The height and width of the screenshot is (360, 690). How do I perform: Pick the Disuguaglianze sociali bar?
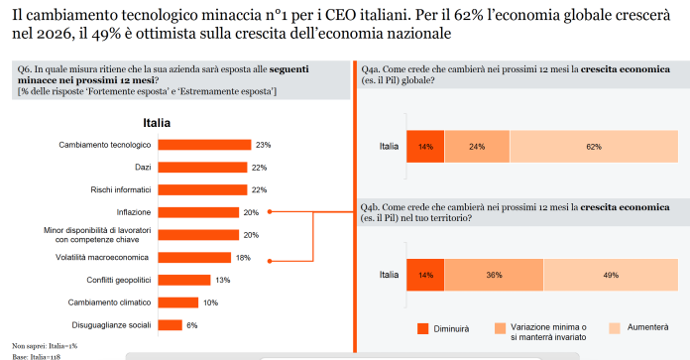pyautogui.click(x=170, y=324)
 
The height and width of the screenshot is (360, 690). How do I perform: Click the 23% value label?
pyautogui.click(x=263, y=145)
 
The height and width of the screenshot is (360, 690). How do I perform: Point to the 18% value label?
pyautogui.click(x=243, y=257)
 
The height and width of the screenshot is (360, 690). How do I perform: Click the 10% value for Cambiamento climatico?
pyautogui.click(x=209, y=302)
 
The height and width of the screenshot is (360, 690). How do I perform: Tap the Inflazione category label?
pyautogui.click(x=133, y=212)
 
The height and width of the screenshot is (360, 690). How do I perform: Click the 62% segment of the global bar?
pyautogui.click(x=594, y=146)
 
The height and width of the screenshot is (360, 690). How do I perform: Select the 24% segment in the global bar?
pyautogui.click(x=477, y=146)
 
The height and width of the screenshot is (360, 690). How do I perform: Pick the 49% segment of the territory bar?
pyautogui.click(x=611, y=275)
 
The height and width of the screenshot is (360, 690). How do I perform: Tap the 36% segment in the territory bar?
pyautogui.click(x=494, y=275)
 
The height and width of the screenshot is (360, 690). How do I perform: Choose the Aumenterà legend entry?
pyautogui.click(x=644, y=327)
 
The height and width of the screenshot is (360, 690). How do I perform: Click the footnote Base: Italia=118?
pyautogui.click(x=35, y=354)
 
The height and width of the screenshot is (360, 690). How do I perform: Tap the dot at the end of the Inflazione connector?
pyautogui.click(x=270, y=212)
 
